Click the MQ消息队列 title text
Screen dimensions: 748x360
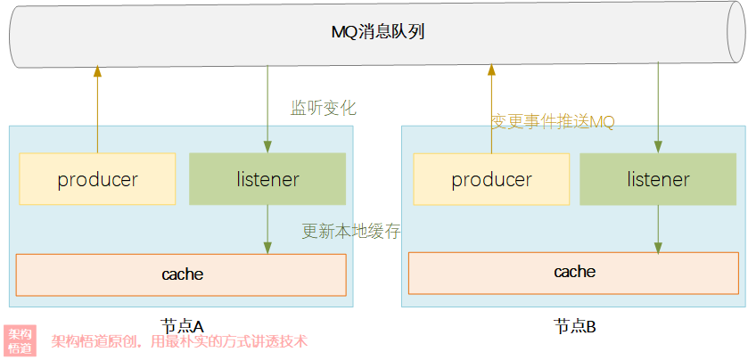(378, 33)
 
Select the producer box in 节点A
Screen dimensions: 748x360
(97, 179)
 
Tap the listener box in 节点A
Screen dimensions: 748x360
(267, 179)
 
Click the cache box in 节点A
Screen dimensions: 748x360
(181, 274)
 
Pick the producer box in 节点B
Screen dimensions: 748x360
(491, 179)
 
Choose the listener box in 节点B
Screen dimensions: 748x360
(658, 179)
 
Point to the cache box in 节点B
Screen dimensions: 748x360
(574, 274)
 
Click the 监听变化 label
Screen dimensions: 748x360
(324, 108)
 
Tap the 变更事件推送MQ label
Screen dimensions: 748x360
(553, 123)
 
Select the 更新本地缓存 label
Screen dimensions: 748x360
(351, 232)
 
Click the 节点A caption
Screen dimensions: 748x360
(182, 327)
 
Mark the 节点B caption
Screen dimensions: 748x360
(574, 327)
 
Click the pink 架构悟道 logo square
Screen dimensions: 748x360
(20, 340)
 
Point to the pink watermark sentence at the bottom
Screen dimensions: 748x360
(179, 341)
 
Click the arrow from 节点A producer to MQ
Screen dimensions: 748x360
(97, 110)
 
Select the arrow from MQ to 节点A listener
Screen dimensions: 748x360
(267, 110)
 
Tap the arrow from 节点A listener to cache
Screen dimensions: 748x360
(267, 229)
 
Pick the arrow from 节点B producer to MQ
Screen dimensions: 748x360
(491, 110)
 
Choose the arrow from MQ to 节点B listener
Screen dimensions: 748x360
(658, 107)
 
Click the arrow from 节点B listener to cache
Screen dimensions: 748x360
(658, 229)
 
